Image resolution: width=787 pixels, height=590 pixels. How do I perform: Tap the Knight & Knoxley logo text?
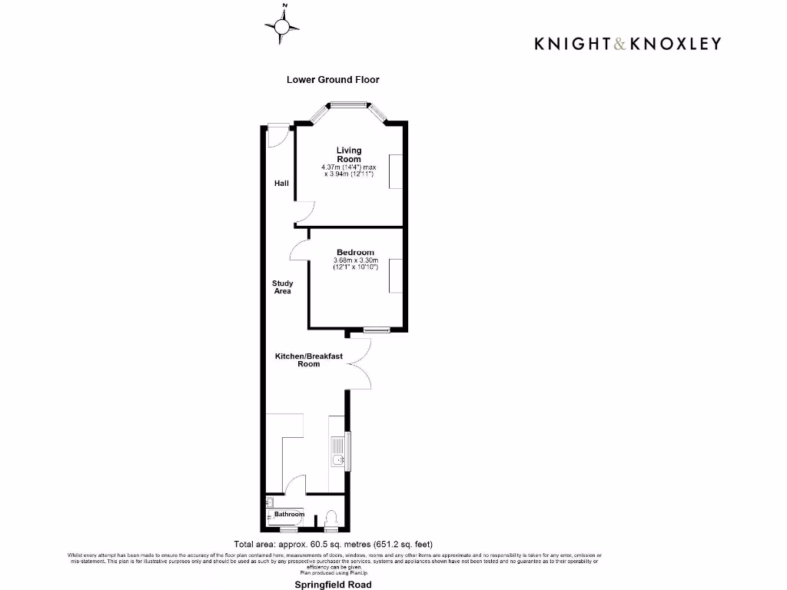click(x=628, y=44)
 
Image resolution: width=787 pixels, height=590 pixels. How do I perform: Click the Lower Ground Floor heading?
click(x=333, y=80)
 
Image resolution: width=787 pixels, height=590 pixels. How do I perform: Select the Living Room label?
click(x=348, y=154)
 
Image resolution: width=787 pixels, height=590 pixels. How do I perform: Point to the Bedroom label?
click(x=355, y=253)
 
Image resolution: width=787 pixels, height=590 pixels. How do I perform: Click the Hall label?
click(x=282, y=184)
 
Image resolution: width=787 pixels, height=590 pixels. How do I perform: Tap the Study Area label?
click(x=283, y=287)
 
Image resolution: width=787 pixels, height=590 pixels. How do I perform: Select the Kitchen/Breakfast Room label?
click(x=309, y=360)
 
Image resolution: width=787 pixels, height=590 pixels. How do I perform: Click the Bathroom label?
click(x=284, y=514)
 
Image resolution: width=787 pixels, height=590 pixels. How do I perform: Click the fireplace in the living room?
click(x=395, y=171)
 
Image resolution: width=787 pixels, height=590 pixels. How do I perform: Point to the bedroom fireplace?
click(x=395, y=276)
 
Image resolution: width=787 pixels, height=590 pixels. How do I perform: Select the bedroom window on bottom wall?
click(x=377, y=330)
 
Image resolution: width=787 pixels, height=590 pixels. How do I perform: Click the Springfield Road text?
click(x=333, y=585)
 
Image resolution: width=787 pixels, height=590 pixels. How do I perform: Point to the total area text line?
click(x=338, y=545)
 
